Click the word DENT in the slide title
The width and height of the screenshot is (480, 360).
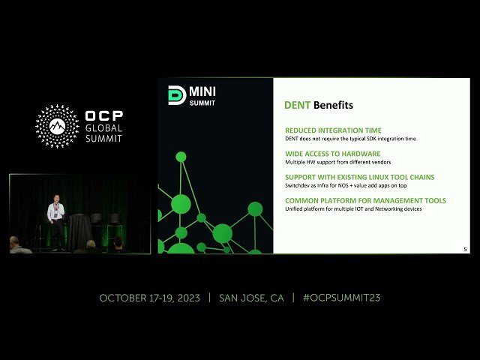click(297, 105)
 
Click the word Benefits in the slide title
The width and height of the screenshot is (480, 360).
click(333, 105)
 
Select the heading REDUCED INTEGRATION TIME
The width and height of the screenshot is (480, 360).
click(333, 130)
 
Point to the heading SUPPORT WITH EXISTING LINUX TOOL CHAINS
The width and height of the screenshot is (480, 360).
click(359, 177)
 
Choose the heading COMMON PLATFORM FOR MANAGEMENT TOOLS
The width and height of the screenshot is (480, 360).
click(365, 200)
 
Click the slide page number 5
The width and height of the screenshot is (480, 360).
click(465, 249)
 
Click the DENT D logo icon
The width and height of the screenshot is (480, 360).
click(176, 96)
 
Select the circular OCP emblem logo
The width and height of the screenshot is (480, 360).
click(58, 126)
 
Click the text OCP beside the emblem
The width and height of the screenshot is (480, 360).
click(104, 116)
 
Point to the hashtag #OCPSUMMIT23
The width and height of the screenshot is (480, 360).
click(341, 298)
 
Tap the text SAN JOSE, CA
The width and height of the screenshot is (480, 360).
click(251, 298)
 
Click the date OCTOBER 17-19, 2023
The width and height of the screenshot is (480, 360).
click(149, 298)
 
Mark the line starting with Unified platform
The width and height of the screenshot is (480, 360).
click(353, 208)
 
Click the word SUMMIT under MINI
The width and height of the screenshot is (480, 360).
click(202, 103)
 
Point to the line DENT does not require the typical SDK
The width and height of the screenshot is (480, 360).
click(350, 139)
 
